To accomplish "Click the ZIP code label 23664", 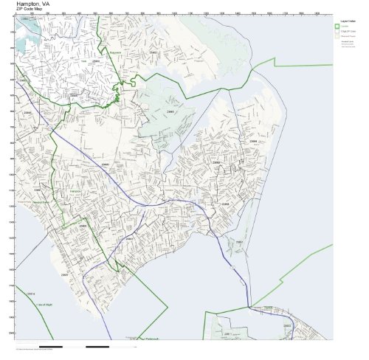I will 253,141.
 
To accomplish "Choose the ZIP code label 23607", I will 65,274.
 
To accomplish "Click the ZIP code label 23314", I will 31,294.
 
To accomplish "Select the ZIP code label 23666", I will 105,164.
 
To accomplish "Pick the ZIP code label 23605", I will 83,221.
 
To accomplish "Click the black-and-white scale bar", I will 74,345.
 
